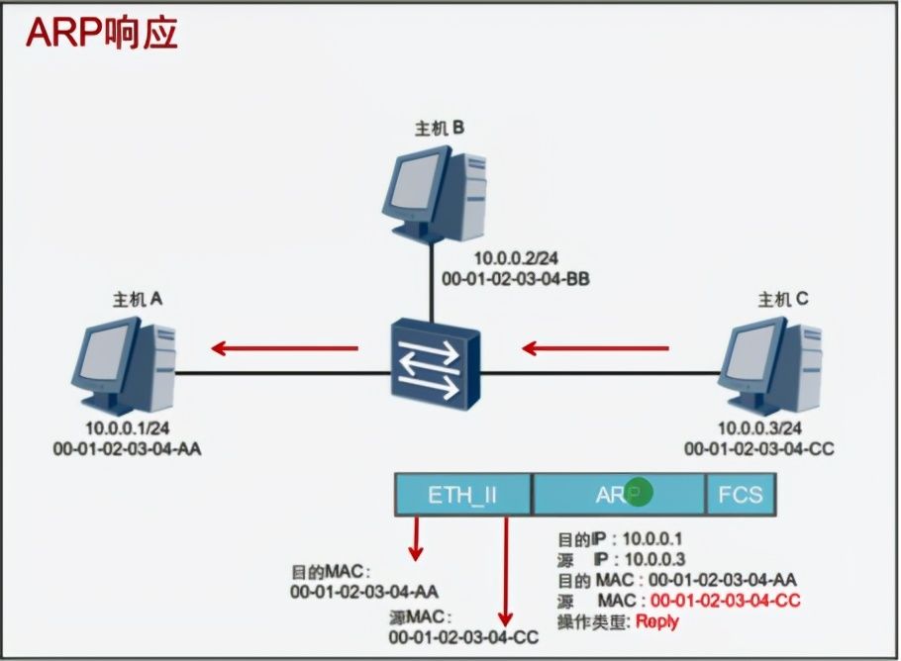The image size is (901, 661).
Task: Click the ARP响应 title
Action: [x=102, y=33]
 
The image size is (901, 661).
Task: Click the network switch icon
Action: [x=435, y=366]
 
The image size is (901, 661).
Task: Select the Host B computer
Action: [x=434, y=194]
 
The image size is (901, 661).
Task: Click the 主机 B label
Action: [x=440, y=128]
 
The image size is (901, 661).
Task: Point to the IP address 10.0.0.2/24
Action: [x=516, y=258]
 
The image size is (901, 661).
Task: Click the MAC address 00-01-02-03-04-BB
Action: [x=516, y=279]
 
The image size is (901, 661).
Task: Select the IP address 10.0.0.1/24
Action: [x=127, y=427]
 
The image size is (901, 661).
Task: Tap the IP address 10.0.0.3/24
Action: [x=759, y=427]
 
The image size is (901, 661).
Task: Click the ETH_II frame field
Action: [x=462, y=495]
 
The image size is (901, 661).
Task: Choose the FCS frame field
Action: [x=741, y=495]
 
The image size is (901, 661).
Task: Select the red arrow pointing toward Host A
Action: [x=284, y=348]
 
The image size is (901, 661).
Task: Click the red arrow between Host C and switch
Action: [x=595, y=348]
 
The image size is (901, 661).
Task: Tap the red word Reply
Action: [x=657, y=621]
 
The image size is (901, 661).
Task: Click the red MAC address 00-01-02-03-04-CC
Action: [x=725, y=601]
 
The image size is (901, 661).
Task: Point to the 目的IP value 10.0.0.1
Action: [x=652, y=538]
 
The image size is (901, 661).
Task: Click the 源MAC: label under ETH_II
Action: [x=420, y=617]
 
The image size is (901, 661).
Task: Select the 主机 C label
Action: [x=783, y=299]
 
